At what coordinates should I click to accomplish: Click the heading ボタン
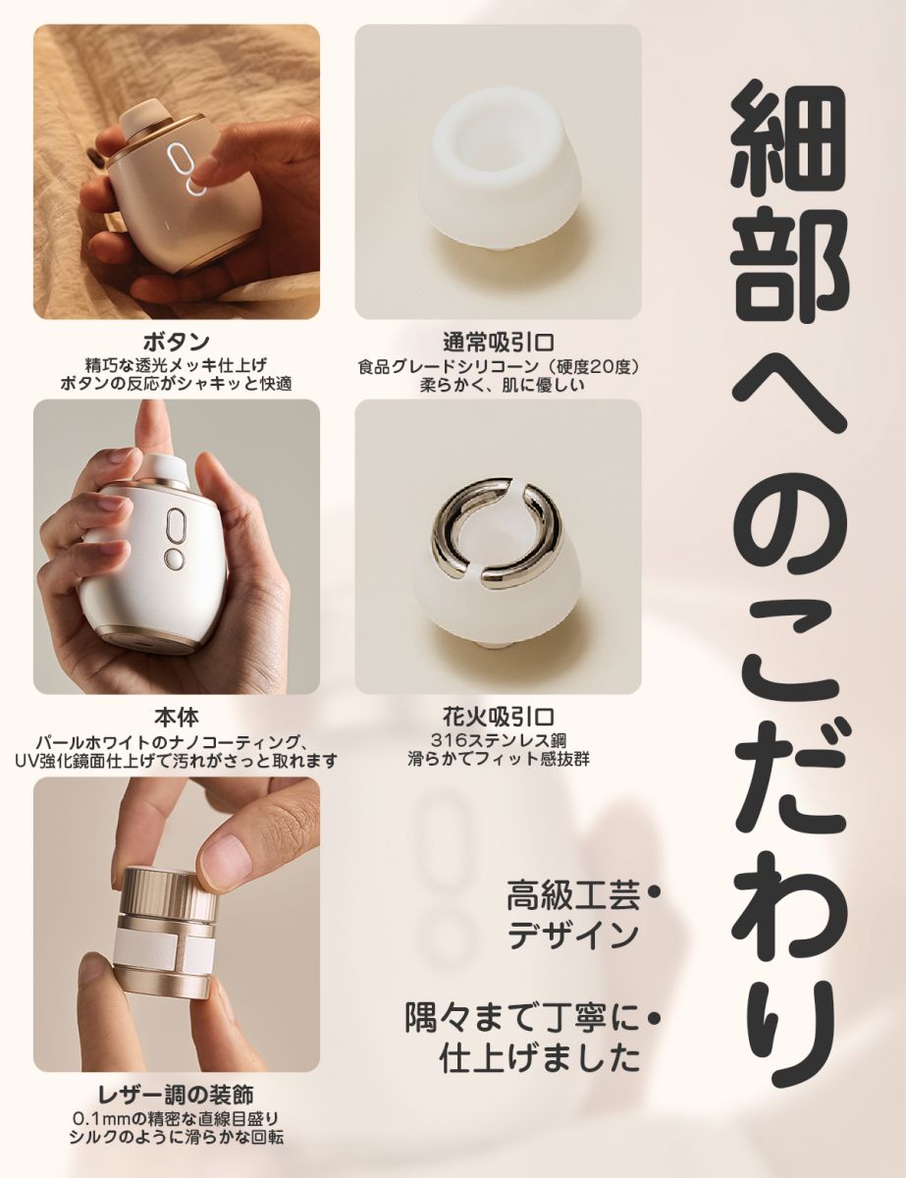pyautogui.click(x=176, y=343)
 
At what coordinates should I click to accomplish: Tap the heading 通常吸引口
pyautogui.click(x=499, y=343)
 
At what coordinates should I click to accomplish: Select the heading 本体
pyautogui.click(x=176, y=718)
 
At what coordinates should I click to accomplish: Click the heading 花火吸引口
pyautogui.click(x=499, y=718)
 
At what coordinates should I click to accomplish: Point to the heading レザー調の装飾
pyautogui.click(x=176, y=1095)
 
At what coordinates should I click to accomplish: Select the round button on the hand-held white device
pyautogui.click(x=175, y=560)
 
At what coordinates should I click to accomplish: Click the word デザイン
pyautogui.click(x=574, y=937)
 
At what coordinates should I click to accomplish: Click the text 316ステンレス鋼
pyautogui.click(x=499, y=740)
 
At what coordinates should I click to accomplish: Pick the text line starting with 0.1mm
pyautogui.click(x=176, y=1118)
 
